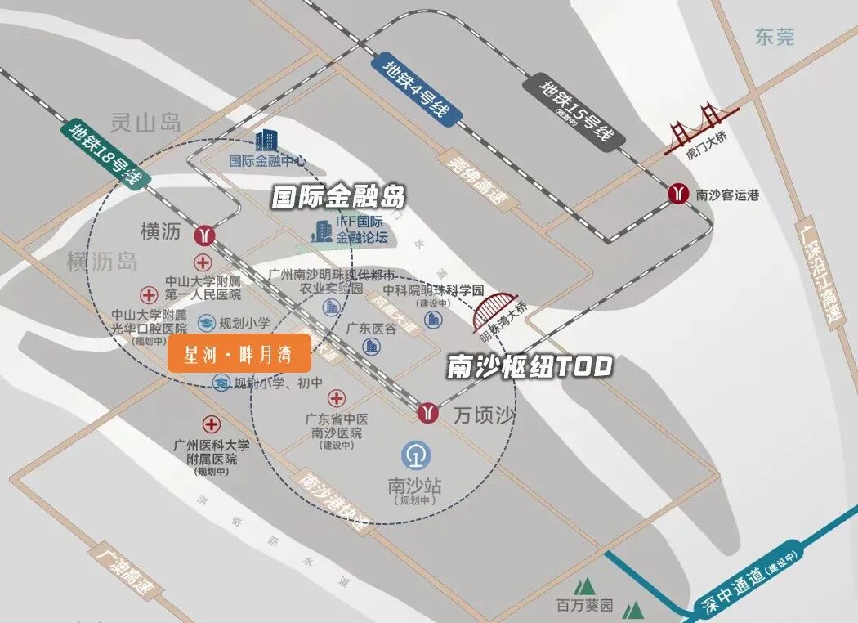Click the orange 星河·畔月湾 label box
click(x=239, y=355)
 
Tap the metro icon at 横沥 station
click(x=204, y=235)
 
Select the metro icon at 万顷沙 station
click(x=427, y=412)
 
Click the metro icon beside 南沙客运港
click(x=677, y=194)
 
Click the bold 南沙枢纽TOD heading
click(x=530, y=367)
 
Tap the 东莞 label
click(x=774, y=37)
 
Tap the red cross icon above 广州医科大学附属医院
click(x=212, y=424)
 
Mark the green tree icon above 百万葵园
click(x=583, y=587)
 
